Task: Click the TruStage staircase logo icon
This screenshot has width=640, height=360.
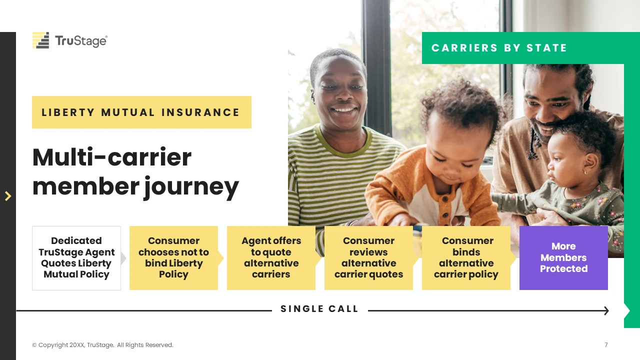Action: tap(40, 40)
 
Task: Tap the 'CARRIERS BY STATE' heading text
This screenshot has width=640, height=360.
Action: tap(499, 48)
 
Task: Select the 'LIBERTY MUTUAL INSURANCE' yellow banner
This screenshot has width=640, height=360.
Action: tap(141, 112)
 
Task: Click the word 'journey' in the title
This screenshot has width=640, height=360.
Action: tap(191, 187)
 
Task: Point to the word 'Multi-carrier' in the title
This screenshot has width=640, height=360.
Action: tap(112, 157)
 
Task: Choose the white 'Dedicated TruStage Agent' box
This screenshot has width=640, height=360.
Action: tap(76, 258)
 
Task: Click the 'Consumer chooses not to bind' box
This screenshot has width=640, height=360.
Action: tap(173, 258)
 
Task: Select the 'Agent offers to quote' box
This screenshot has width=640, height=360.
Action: tap(271, 258)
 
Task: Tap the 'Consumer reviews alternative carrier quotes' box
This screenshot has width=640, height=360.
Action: tap(368, 258)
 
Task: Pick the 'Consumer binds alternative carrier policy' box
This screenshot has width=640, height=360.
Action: tap(466, 258)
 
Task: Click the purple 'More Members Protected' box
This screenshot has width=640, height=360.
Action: tap(563, 258)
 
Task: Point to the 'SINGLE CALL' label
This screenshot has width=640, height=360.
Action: tap(319, 309)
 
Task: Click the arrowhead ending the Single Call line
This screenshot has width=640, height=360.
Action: tap(606, 310)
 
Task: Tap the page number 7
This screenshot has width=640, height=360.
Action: tap(606, 345)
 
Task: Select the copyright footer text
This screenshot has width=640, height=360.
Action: tap(102, 345)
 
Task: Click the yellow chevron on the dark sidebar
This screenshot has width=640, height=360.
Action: tap(8, 196)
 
